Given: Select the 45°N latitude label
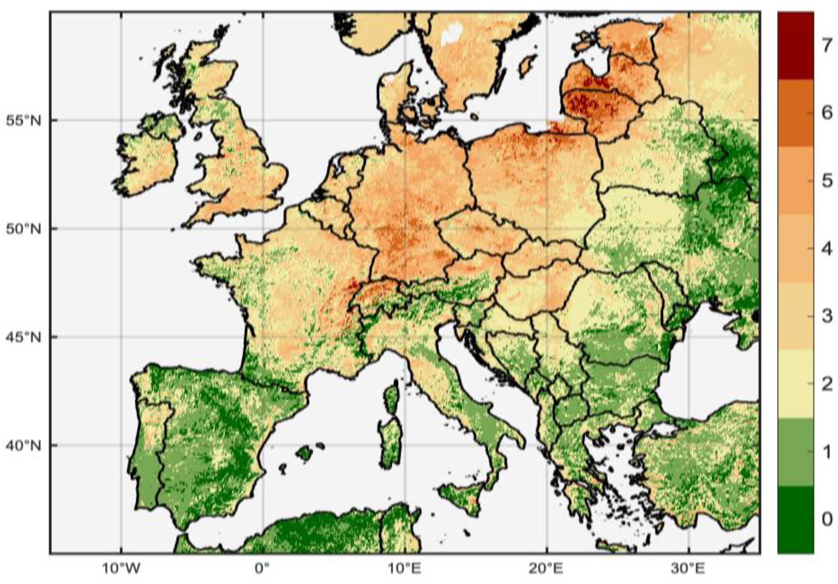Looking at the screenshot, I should (24, 337).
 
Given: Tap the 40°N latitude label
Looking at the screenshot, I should (24, 445).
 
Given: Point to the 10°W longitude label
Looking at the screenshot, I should (121, 569).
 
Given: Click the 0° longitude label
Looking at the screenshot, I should (262, 569).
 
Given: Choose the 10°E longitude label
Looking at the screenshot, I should (405, 569).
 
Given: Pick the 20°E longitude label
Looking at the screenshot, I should (547, 569).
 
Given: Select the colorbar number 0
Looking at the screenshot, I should (827, 519).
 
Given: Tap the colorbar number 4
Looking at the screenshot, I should (827, 249).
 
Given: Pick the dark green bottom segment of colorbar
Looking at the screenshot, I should (795, 519).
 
